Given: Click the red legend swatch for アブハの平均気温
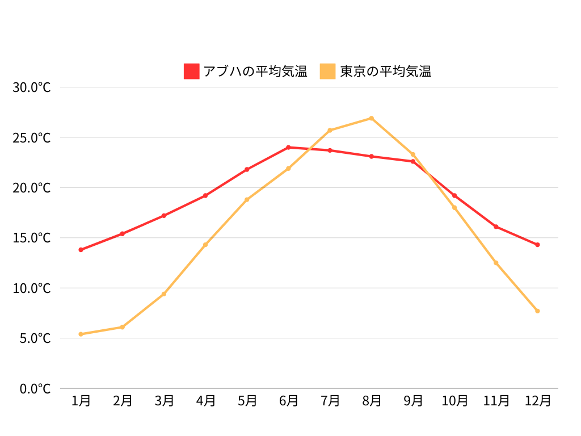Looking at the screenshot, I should tap(192, 71).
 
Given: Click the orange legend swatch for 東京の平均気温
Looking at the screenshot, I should tap(328, 71).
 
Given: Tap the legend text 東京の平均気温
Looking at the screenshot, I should tap(386, 72).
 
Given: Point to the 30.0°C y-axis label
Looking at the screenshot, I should tap(32, 87).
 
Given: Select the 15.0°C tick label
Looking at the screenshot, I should tap(32, 238).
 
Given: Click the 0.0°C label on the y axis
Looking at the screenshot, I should tap(35, 389).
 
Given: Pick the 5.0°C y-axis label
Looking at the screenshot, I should tap(35, 338).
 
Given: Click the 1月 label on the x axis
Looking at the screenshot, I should tap(81, 401).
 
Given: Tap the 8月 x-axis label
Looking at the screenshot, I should tap(372, 401).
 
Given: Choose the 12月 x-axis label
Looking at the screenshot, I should tap(537, 401).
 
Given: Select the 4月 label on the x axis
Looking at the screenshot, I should tap(205, 401).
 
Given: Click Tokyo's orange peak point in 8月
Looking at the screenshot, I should tap(372, 118).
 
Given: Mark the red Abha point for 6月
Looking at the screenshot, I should tap(288, 148).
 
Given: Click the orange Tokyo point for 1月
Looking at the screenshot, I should tap(81, 334).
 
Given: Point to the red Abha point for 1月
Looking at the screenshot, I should tap(81, 250).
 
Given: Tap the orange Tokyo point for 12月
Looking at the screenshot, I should tap(537, 311).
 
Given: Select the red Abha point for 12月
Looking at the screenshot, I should tap(537, 245).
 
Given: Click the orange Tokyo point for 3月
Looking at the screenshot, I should tap(164, 294).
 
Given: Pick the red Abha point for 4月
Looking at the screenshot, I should tap(205, 195).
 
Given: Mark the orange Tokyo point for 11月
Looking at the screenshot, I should tap(496, 263).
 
